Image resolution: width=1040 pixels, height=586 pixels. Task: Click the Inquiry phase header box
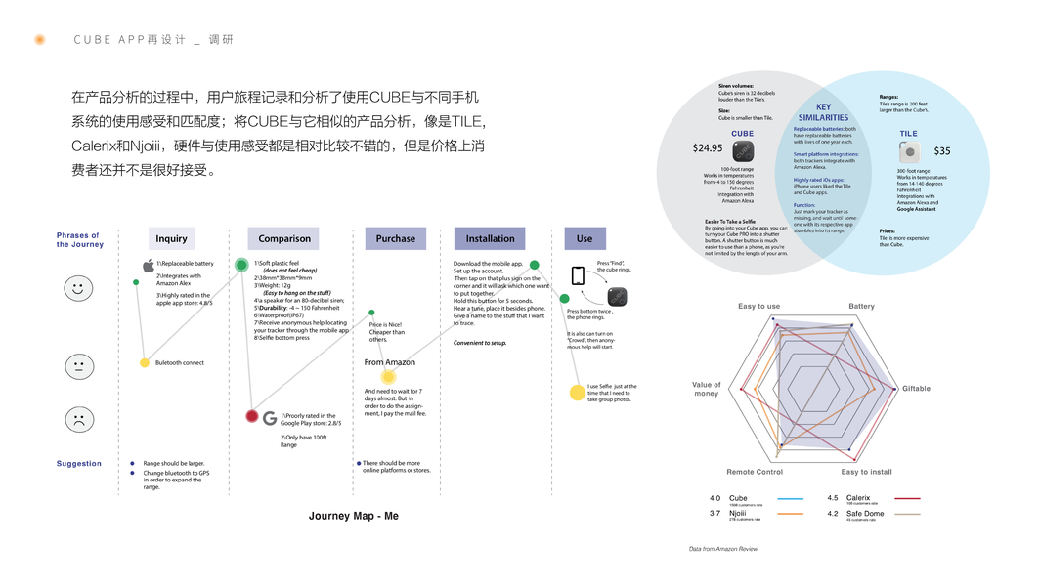[172, 238]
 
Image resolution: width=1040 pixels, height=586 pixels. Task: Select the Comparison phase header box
[284, 238]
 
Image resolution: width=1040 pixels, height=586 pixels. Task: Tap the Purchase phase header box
[395, 238]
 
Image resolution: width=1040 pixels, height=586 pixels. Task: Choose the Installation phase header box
[490, 238]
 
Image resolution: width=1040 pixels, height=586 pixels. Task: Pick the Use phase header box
[585, 238]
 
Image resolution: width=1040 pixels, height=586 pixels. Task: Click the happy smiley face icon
[79, 288]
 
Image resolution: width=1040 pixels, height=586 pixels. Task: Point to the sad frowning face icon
[79, 419]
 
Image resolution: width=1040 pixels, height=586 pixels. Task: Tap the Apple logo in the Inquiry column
[149, 266]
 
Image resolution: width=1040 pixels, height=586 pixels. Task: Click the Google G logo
[271, 418]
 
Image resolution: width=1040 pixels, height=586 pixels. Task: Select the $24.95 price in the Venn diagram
[708, 148]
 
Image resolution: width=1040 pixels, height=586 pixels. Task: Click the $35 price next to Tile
[941, 151]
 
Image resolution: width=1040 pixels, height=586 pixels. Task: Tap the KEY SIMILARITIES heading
[824, 112]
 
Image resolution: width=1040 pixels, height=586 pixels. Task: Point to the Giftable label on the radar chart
[916, 389]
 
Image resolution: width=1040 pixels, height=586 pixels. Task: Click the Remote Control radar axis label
[755, 472]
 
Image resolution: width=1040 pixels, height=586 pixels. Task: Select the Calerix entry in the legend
[858, 498]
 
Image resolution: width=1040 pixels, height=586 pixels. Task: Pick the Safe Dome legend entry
[865, 514]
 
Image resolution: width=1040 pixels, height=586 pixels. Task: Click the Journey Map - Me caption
[353, 516]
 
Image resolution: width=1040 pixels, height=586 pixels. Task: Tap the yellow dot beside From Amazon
[388, 376]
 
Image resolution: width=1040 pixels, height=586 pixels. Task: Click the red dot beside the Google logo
[252, 417]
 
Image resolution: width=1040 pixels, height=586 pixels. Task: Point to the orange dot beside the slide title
[40, 40]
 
